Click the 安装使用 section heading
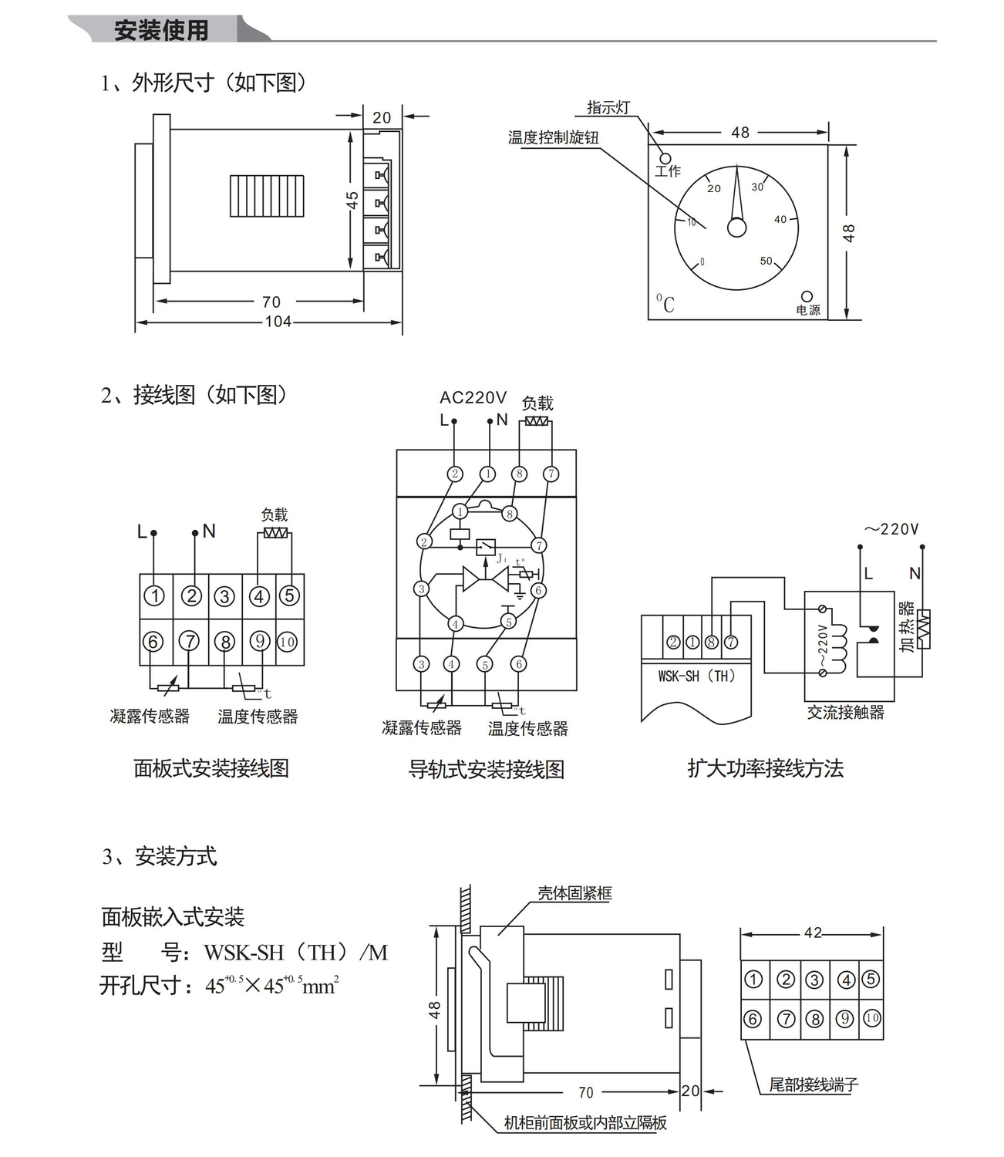161,29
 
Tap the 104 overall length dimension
278,322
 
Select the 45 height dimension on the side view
352,200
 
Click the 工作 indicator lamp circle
665,158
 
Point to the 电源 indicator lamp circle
807,297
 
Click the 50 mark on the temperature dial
766,261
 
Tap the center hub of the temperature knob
736,228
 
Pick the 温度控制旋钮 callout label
553,137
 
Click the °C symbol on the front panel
665,304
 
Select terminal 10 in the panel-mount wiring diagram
287,642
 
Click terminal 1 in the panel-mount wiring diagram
155,595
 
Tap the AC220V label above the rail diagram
473,397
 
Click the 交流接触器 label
845,712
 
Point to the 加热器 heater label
907,626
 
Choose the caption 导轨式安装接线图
486,769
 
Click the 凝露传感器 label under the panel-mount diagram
150,716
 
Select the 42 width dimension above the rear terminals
813,933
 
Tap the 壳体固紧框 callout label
574,893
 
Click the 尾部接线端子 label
814,1084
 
